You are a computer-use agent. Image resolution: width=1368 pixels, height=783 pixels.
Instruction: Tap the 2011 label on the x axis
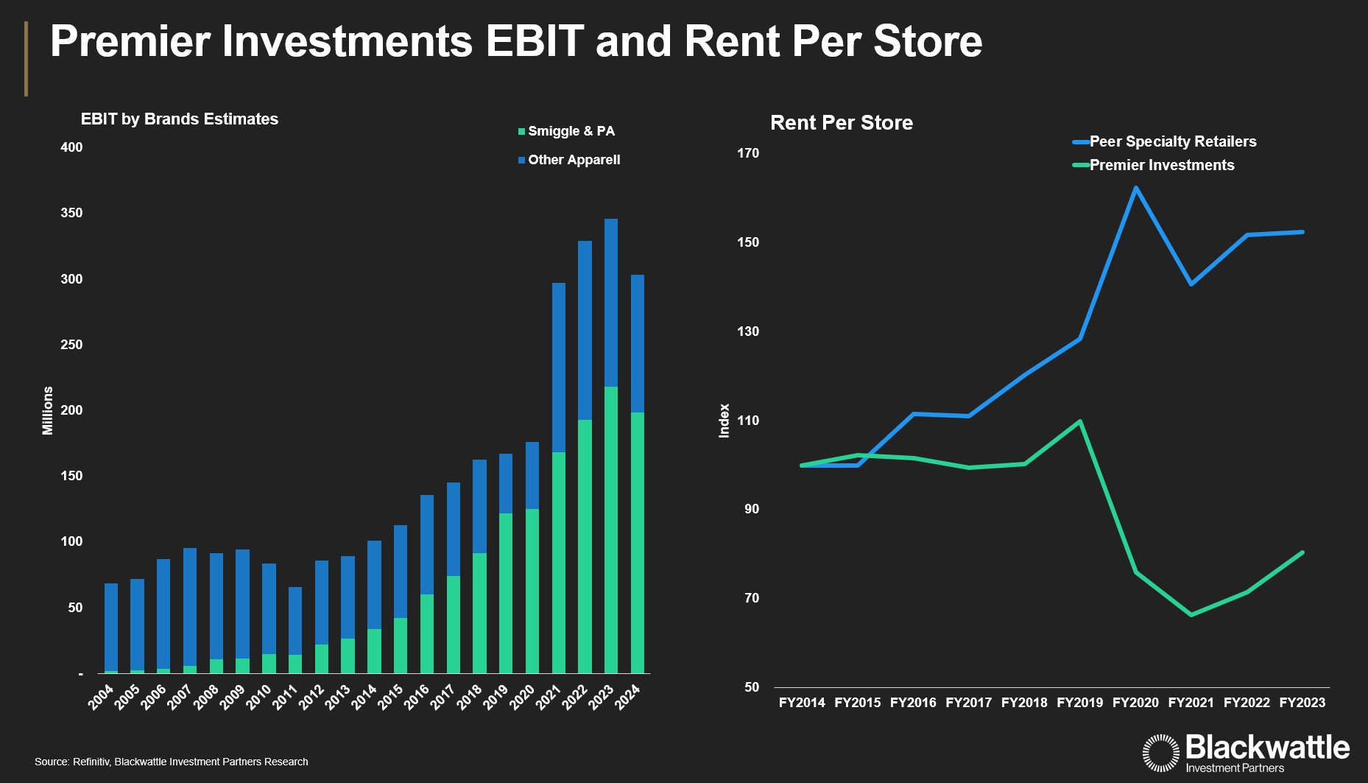tap(285, 697)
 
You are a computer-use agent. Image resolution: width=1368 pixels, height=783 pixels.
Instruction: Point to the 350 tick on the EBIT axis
tap(71, 213)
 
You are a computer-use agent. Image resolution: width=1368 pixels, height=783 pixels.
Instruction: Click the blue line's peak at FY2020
tap(1135, 188)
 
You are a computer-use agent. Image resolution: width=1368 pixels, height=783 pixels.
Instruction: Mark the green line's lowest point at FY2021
tap(1191, 614)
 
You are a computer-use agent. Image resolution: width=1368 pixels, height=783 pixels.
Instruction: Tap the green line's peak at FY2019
tap(1079, 421)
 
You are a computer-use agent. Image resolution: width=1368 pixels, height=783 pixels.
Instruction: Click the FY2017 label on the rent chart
tap(968, 703)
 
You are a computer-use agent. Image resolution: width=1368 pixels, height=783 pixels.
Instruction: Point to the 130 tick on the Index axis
tap(748, 331)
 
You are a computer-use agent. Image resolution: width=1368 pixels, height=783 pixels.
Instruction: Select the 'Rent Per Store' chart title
tap(841, 122)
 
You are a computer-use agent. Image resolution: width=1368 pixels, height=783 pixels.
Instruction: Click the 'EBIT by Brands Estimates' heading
tap(180, 119)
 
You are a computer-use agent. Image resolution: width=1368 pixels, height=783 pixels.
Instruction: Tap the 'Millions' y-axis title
tap(48, 410)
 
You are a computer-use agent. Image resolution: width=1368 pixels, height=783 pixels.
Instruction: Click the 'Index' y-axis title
tap(724, 421)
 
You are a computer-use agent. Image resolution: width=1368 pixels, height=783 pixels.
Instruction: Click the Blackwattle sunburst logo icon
tap(1160, 753)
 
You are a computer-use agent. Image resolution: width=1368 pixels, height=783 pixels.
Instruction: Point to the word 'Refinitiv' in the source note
tap(91, 762)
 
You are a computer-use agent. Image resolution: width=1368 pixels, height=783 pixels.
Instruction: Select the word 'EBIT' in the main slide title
tap(535, 41)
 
